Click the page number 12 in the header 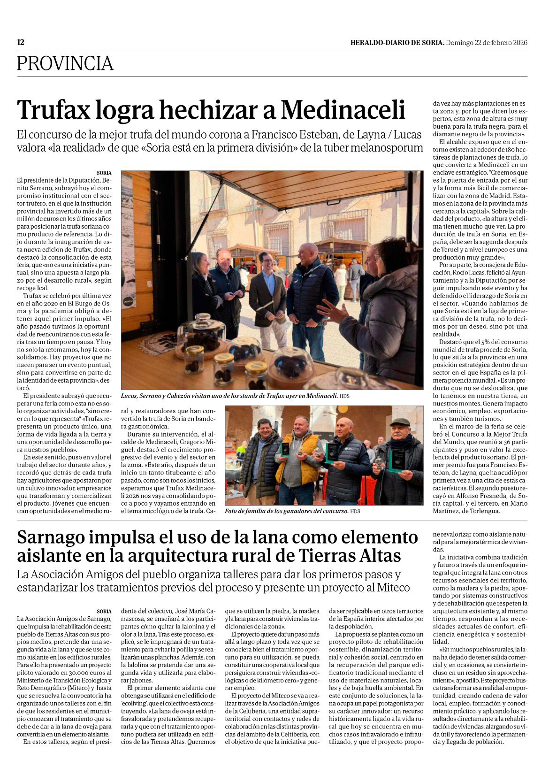21,42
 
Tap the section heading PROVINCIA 65,63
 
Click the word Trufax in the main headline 53,110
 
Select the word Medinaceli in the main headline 343,110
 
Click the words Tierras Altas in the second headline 350,556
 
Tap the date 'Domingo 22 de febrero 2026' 487,43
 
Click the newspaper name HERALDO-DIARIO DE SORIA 397,43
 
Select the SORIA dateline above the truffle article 104,173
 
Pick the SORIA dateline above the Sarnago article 104,611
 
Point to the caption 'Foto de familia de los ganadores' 287,511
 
